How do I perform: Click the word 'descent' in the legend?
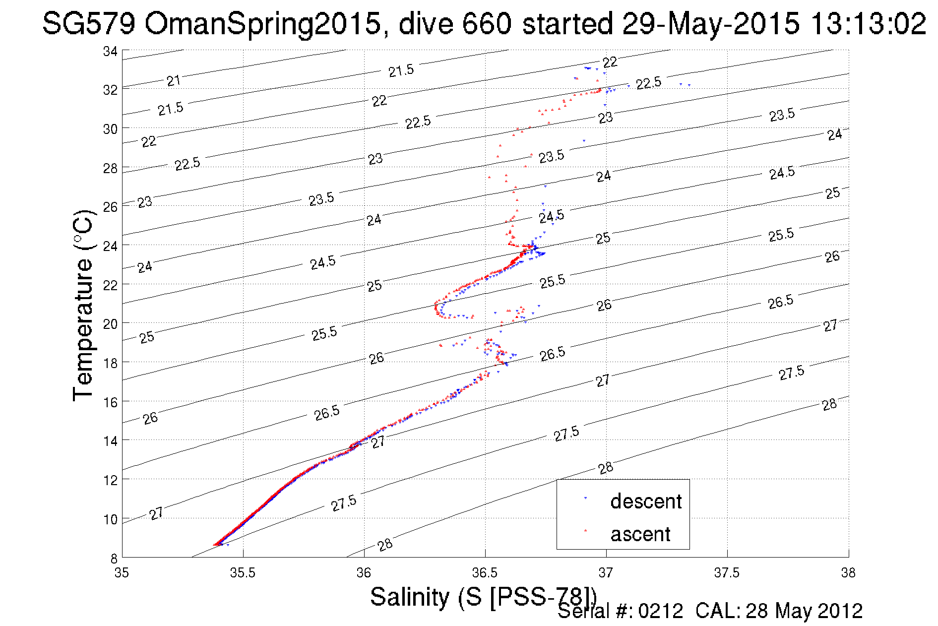pos(646,501)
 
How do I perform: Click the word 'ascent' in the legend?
pos(640,534)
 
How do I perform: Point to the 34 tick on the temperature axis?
pos(110,51)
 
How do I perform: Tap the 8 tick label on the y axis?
pos(114,559)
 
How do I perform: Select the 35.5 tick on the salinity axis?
pos(243,573)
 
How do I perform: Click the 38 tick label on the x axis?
pos(848,573)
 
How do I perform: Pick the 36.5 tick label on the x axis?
pos(485,573)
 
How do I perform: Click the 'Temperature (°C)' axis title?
pos(83,305)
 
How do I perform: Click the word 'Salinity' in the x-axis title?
pos(409,597)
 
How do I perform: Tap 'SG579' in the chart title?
pos(88,23)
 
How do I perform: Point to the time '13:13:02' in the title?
pos(868,23)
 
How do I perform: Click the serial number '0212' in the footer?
pos(660,611)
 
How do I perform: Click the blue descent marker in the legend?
pos(585,498)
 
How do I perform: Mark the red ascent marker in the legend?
pos(585,531)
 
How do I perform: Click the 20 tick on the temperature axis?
pos(110,324)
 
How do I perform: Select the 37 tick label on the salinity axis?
pos(606,573)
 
